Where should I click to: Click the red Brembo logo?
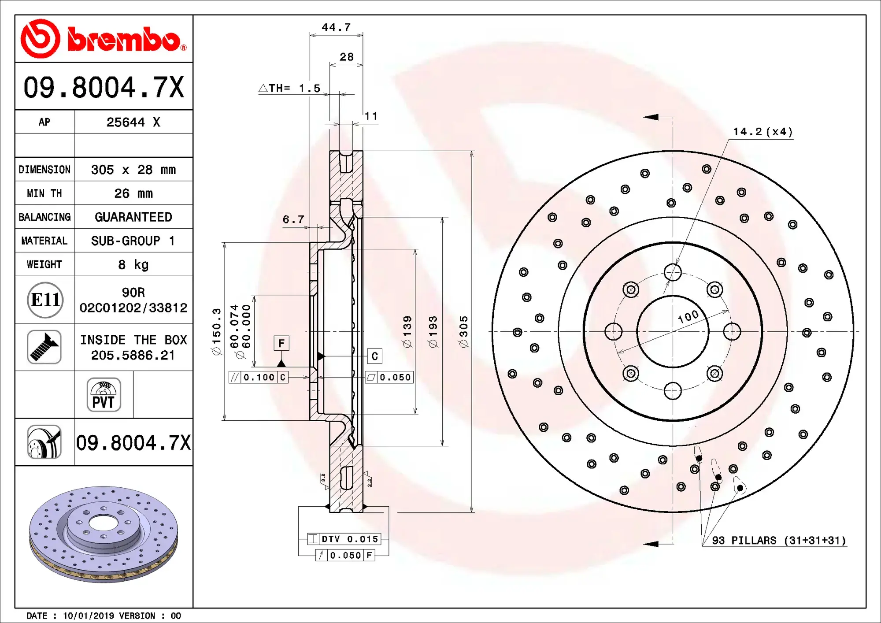click(104, 39)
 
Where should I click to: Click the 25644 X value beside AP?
click(133, 122)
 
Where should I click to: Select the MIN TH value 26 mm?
click(133, 193)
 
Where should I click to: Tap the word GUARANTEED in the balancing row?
click(133, 217)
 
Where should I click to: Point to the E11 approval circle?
click(45, 300)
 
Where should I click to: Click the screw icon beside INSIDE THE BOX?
click(44, 347)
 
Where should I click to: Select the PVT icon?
click(104, 395)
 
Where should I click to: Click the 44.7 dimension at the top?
click(336, 27)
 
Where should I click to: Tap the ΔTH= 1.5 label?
click(290, 88)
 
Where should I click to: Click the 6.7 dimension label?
click(293, 219)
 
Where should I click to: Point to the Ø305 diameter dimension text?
click(463, 331)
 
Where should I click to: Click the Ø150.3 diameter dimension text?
click(216, 331)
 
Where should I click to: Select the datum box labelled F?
click(281, 343)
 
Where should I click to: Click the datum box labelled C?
click(374, 356)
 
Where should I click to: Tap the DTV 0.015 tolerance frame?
click(344, 539)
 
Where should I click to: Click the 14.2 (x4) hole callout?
click(762, 132)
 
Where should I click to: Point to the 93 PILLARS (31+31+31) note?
click(778, 540)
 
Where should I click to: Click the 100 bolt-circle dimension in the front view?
click(688, 316)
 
